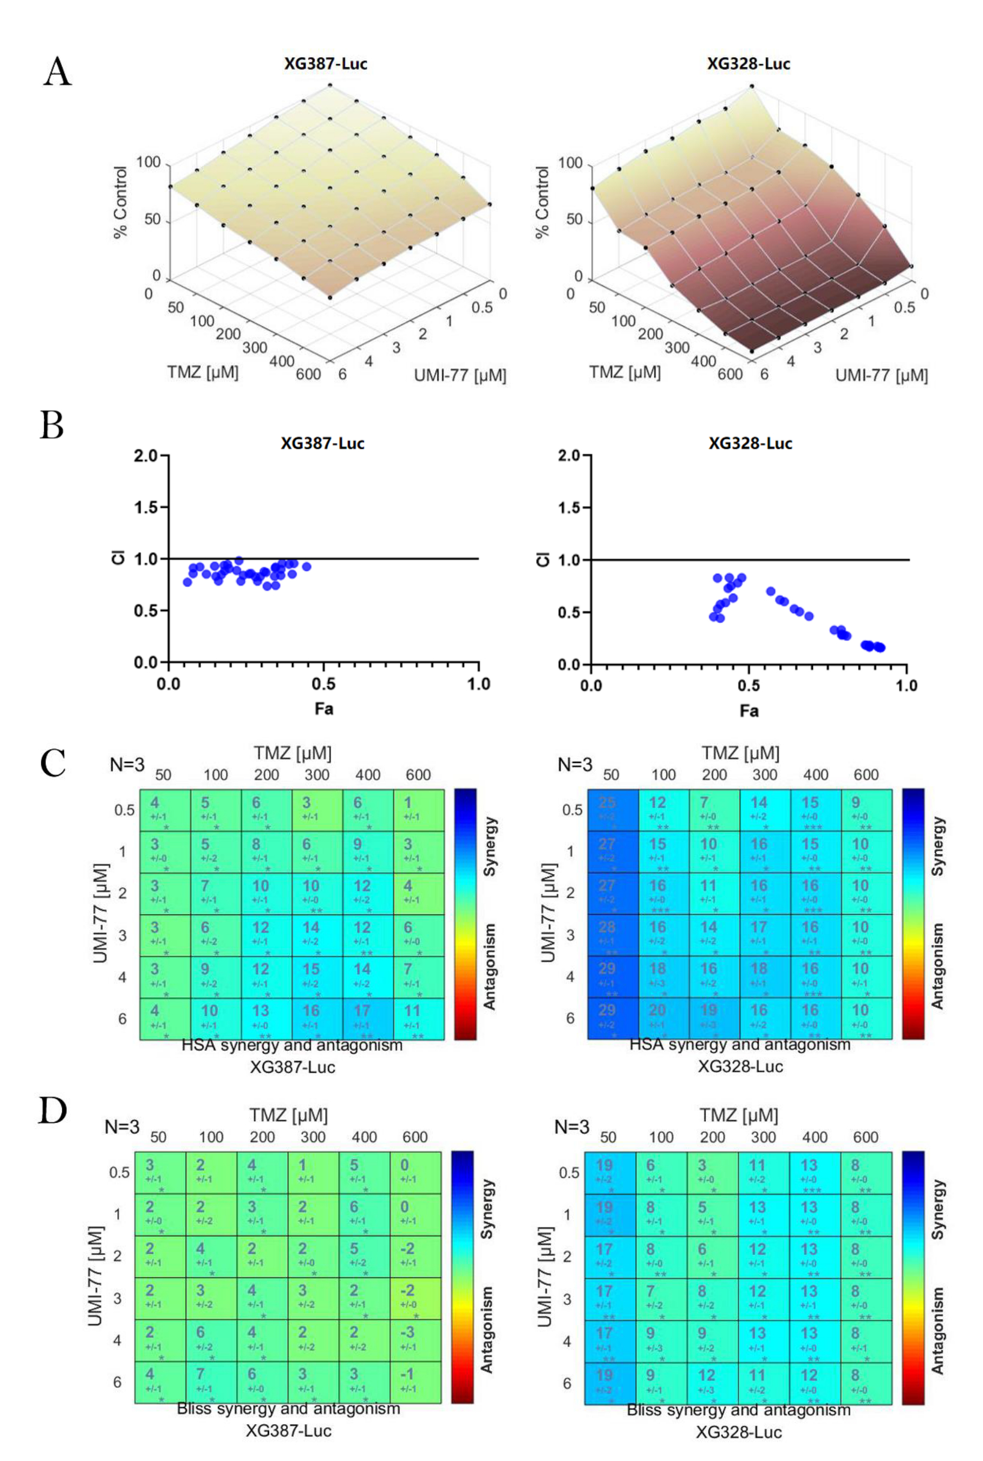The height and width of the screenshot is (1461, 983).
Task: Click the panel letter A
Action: [x=57, y=71]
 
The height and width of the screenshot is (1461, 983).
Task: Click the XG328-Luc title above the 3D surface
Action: [x=748, y=64]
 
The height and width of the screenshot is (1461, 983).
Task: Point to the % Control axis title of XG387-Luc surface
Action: [x=120, y=202]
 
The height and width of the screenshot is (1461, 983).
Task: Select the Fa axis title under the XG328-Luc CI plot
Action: [x=749, y=710]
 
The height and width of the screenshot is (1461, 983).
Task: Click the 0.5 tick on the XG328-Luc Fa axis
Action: [x=749, y=685]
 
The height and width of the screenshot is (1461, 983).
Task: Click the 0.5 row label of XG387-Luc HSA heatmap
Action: [x=124, y=810]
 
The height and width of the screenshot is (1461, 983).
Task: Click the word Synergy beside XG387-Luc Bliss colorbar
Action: [x=487, y=1209]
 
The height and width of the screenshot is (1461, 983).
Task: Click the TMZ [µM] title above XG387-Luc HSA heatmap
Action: [x=292, y=753]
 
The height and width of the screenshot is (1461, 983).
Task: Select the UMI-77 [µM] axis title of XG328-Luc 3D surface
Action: [x=881, y=375]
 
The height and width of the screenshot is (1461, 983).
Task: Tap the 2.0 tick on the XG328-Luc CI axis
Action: [x=570, y=456]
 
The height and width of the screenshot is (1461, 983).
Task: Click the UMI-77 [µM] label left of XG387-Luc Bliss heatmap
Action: [x=96, y=1276]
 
